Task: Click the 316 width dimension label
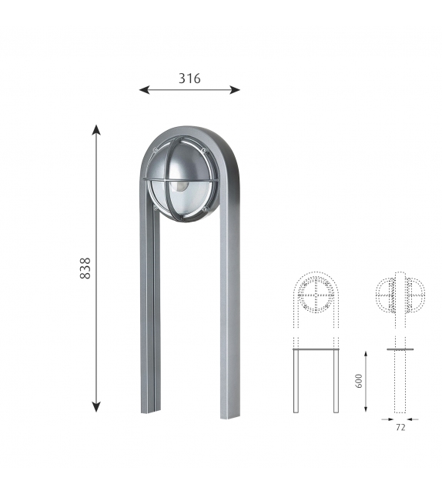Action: point(189,78)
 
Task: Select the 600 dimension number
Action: point(359,381)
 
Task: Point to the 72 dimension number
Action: point(400,428)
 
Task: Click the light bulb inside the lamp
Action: point(179,185)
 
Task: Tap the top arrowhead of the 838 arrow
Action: point(97,129)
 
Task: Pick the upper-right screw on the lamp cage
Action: point(205,149)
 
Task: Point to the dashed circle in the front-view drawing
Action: point(316,295)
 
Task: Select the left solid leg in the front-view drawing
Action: point(296,381)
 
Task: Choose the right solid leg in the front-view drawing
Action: point(336,381)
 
